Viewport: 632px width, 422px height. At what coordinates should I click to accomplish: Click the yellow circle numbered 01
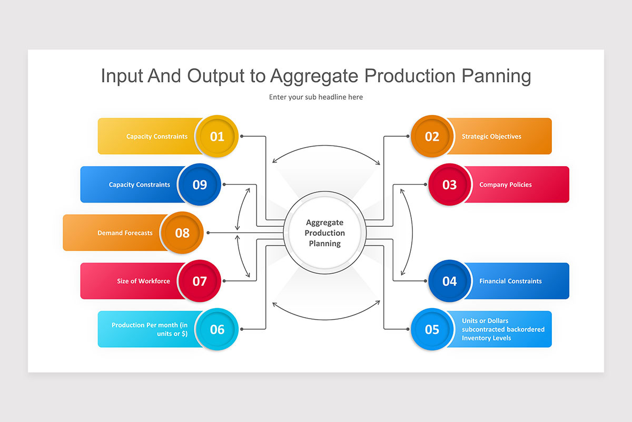click(217, 137)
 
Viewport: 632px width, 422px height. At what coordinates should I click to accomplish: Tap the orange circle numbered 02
click(432, 137)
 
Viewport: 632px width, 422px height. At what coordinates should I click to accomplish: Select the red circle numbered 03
click(449, 185)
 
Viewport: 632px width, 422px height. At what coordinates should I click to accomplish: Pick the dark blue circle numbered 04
click(449, 281)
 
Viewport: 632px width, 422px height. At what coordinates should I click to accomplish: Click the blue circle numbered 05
click(432, 330)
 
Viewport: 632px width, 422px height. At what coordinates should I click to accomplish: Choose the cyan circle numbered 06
click(217, 330)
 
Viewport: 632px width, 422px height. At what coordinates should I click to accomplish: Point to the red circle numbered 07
click(200, 281)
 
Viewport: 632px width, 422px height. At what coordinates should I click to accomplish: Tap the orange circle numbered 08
click(182, 233)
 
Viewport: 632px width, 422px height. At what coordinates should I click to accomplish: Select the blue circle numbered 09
click(200, 185)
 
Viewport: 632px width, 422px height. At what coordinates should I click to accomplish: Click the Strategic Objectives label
click(491, 137)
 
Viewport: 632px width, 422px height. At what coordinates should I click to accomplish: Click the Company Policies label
click(505, 185)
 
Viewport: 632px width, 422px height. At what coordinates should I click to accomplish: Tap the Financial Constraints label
click(510, 281)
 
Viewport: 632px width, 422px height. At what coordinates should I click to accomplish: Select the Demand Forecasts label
click(125, 233)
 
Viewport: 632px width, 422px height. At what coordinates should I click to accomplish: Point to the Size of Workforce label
click(143, 281)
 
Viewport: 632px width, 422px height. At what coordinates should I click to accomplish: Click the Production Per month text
click(150, 329)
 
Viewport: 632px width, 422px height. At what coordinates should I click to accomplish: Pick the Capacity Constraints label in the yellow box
click(156, 137)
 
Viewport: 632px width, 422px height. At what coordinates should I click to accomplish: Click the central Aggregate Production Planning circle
click(325, 233)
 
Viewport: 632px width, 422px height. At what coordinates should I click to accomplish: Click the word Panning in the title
click(496, 76)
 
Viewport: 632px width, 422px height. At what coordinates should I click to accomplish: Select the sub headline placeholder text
click(316, 97)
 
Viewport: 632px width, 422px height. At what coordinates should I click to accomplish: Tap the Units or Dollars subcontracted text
click(503, 329)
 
